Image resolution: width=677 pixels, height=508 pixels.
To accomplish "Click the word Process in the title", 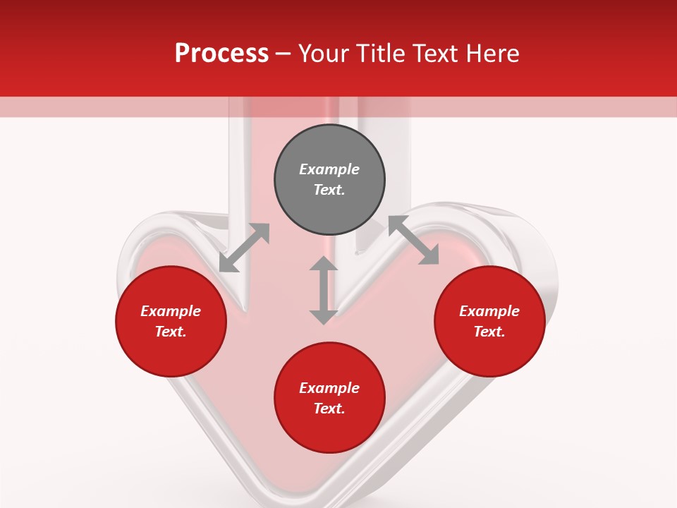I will (221, 54).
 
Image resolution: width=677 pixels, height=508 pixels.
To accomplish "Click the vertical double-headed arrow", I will (324, 290).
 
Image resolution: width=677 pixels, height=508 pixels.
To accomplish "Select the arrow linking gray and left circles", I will (244, 248).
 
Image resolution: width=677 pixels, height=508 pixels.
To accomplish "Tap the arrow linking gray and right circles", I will (413, 241).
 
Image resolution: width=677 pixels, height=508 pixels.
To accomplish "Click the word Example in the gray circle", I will (329, 169).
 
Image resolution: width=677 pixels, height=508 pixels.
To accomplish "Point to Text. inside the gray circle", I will (329, 190).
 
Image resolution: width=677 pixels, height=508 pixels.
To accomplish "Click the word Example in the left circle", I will (171, 311).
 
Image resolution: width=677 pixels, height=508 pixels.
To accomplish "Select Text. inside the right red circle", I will (489, 332).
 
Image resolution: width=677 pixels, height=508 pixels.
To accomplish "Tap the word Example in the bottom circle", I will (329, 388).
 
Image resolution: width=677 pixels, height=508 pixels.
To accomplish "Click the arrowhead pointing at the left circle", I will (228, 264).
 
